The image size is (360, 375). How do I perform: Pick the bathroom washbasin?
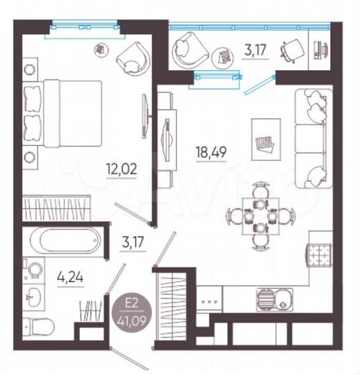pos(34,297)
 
